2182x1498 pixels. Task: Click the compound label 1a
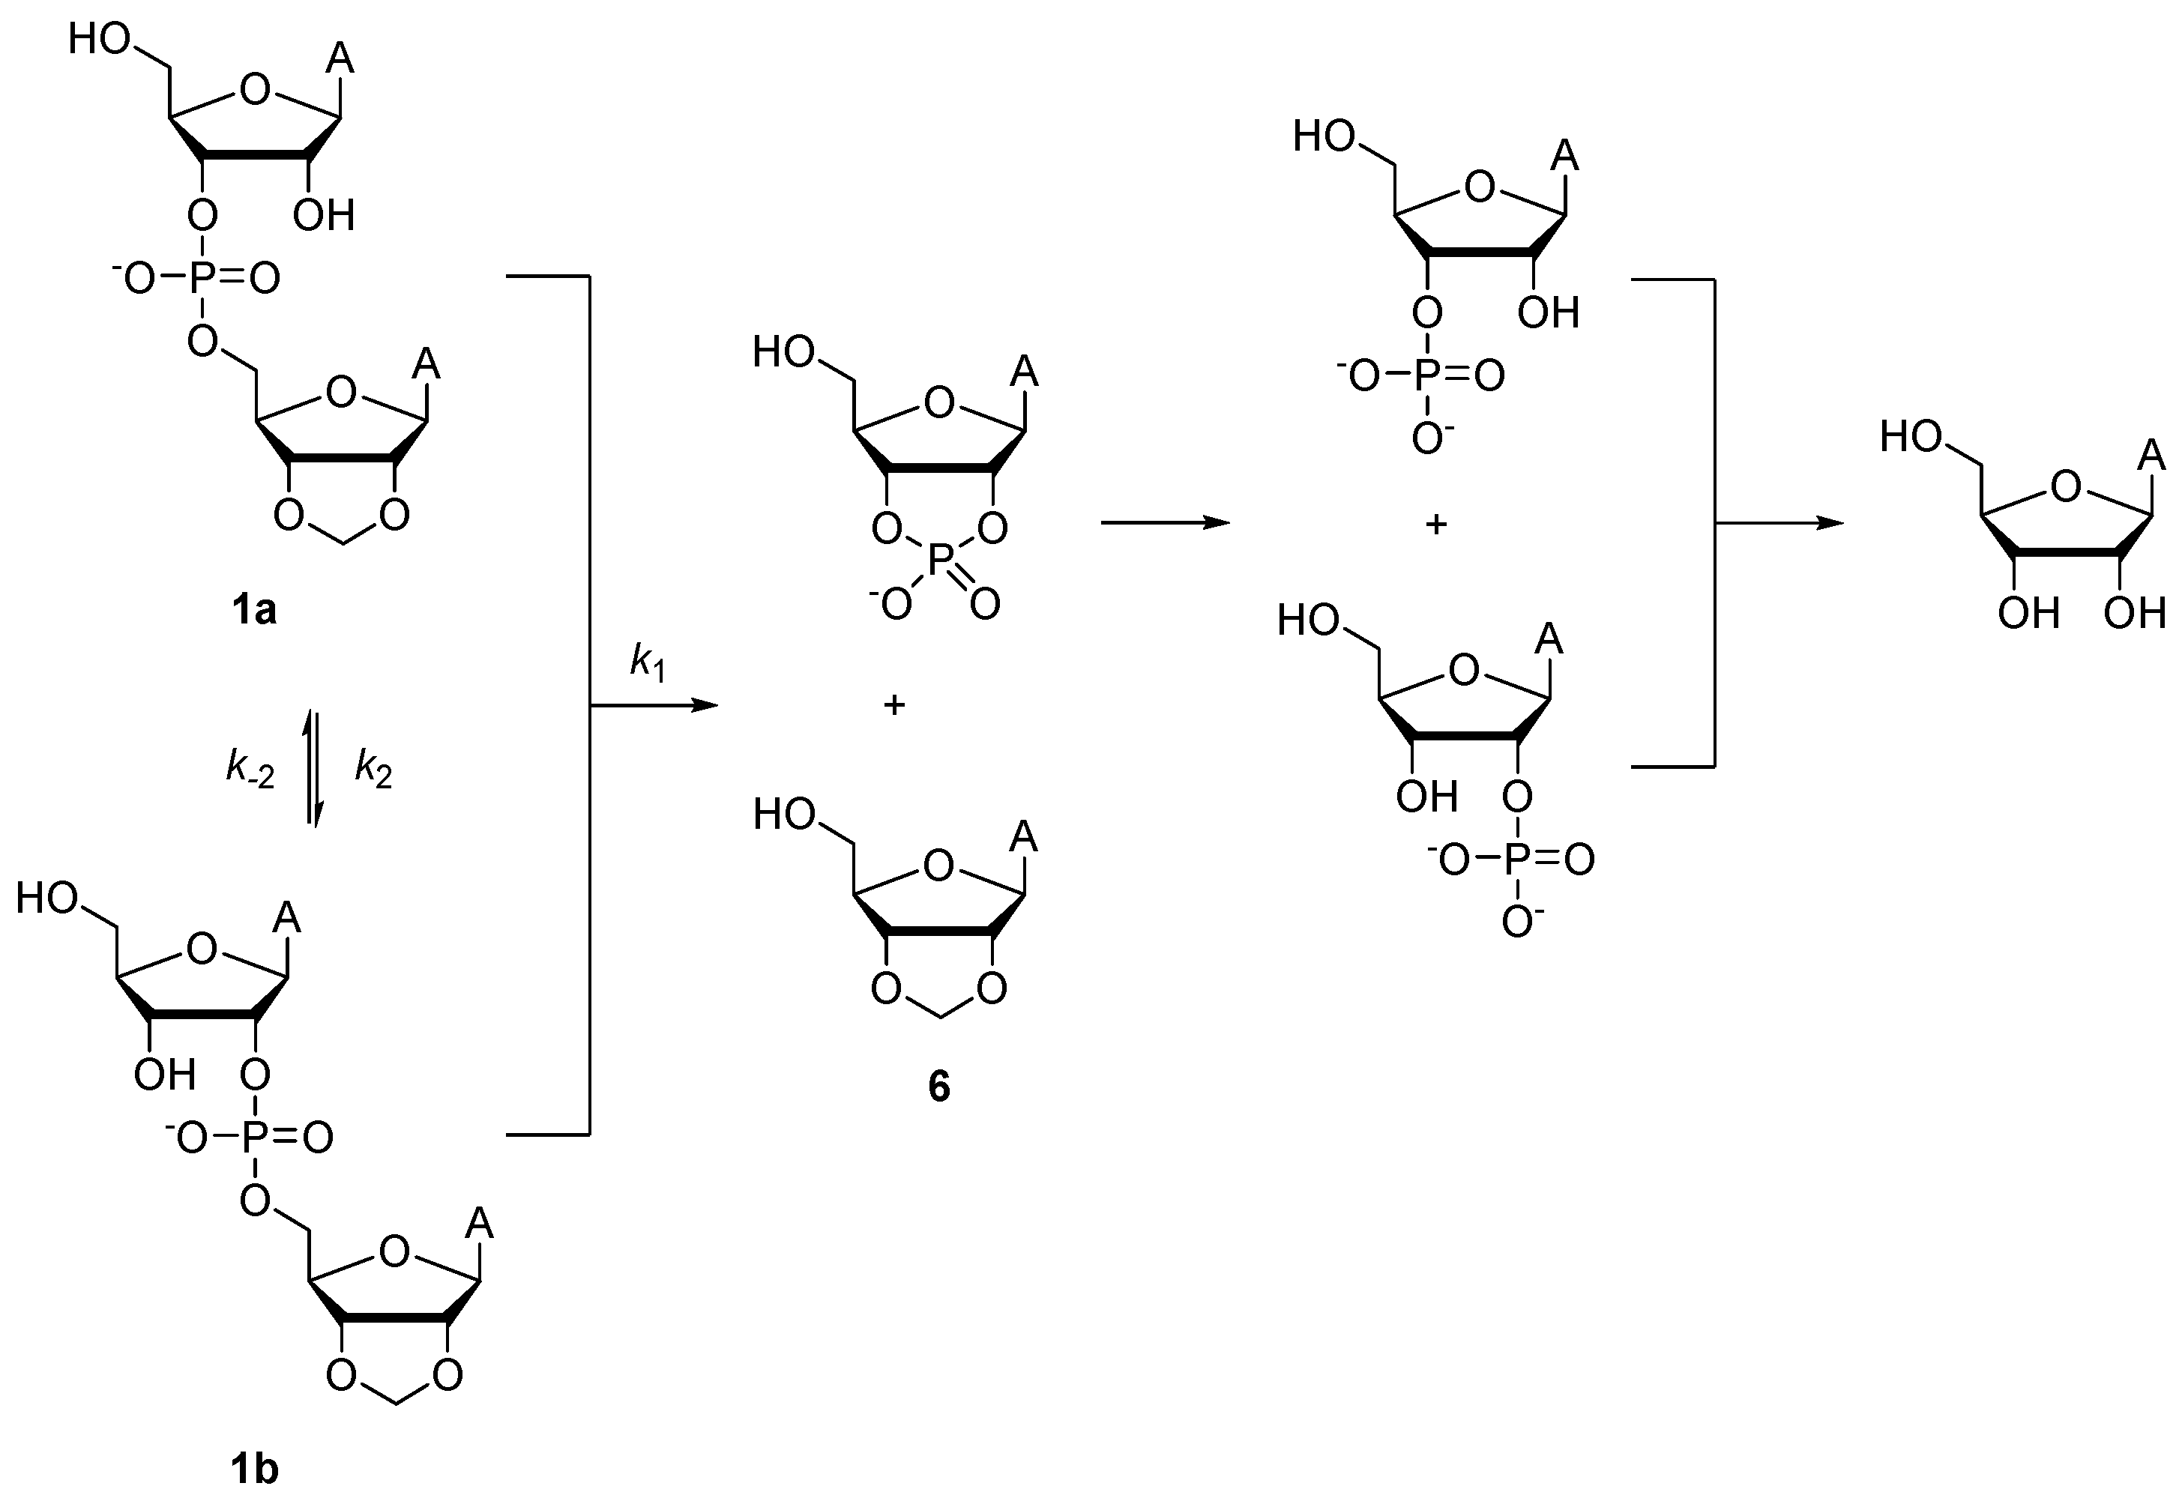253,611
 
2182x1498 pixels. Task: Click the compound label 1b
253,1468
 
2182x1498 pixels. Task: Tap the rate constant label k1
647,662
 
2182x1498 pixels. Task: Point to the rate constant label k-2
250,769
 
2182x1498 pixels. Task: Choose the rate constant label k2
373,769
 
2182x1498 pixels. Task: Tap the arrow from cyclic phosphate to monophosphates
1164,523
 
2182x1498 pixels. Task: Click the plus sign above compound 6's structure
893,704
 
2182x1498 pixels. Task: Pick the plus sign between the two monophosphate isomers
1435,524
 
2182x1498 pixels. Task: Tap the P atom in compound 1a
200,278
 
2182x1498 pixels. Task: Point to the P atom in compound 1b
253,1138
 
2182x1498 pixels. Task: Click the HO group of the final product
1911,438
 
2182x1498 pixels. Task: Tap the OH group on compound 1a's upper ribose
323,216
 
